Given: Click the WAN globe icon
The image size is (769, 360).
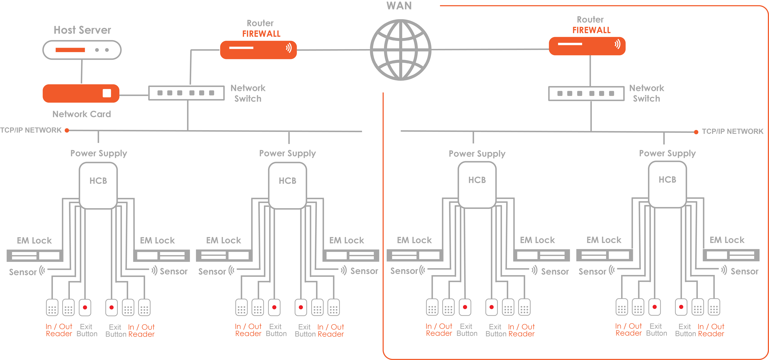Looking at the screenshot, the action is [401, 50].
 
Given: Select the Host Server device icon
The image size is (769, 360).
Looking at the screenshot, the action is [82, 50].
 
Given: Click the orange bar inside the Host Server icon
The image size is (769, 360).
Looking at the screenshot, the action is [70, 50].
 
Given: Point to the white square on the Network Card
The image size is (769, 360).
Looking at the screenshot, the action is [107, 93].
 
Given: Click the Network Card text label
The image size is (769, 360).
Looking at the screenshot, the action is [82, 114].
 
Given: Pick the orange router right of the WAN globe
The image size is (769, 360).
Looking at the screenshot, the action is [587, 46].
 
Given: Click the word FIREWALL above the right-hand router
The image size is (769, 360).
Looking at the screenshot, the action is [591, 30].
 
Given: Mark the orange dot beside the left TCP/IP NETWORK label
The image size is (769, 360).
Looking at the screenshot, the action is [67, 130].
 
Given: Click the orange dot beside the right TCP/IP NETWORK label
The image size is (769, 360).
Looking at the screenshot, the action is [696, 132].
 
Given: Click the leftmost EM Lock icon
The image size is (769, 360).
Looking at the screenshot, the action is [35, 256].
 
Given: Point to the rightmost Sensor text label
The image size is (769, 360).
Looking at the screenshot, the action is [745, 271].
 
